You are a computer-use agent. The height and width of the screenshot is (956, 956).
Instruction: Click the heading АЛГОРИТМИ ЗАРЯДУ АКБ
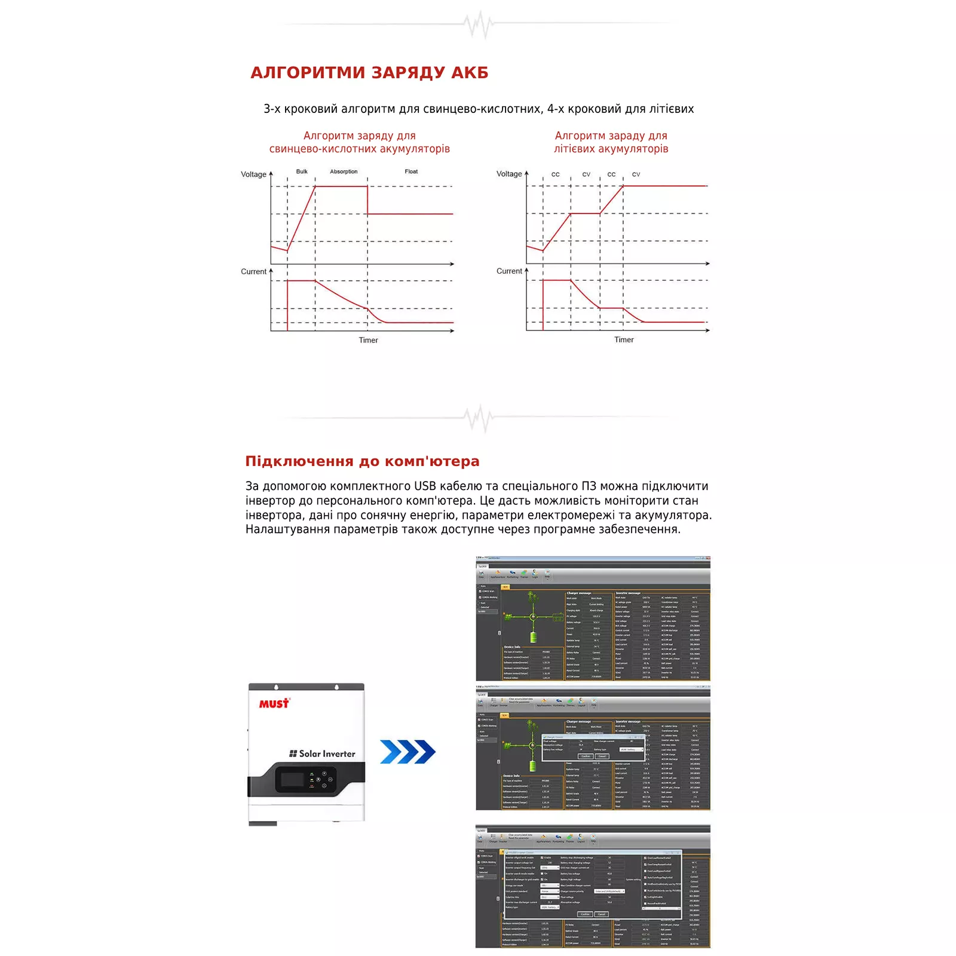(369, 73)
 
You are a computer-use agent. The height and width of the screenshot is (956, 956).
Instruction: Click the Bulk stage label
(302, 171)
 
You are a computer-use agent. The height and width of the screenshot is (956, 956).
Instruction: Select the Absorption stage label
(344, 171)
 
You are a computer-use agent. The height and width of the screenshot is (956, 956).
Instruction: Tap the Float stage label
(411, 171)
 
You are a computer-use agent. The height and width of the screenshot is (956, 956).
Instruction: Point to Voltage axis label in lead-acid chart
(253, 174)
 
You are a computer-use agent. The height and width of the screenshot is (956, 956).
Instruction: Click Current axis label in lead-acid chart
(253, 271)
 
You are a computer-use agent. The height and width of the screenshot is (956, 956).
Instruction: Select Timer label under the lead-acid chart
(368, 340)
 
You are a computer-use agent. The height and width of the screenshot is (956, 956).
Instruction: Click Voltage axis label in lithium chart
(509, 174)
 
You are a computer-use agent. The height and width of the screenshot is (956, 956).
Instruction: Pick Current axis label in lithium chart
(509, 271)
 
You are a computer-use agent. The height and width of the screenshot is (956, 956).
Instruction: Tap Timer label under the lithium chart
(624, 339)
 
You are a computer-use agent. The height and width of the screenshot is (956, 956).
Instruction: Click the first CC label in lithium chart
(556, 174)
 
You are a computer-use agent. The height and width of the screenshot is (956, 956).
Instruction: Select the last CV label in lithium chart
(636, 174)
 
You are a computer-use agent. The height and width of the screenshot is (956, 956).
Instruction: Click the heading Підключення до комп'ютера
(362, 461)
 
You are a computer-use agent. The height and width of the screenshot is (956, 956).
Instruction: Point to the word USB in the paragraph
(425, 486)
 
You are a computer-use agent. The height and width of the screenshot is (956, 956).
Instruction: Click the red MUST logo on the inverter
(274, 704)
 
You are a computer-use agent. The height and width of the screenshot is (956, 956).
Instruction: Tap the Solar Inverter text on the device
(323, 754)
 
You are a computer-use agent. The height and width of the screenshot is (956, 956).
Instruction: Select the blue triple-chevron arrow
(407, 752)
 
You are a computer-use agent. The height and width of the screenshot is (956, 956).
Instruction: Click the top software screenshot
(593, 618)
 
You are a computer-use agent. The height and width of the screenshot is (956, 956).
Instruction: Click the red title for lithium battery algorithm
(611, 142)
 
